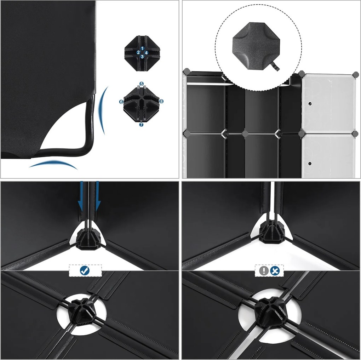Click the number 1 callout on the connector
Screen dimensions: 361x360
(x=143, y=48)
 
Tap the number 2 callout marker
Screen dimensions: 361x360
(x=138, y=52)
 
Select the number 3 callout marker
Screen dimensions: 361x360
(x=143, y=56)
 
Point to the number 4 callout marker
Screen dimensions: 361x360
(x=147, y=52)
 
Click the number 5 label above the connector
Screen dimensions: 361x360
(x=142, y=84)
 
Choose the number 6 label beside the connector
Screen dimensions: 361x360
(x=121, y=102)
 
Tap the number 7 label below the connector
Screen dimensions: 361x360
(x=141, y=124)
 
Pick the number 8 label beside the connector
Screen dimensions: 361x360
(x=161, y=101)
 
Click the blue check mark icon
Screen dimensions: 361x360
(x=85, y=271)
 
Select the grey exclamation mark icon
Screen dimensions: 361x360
(x=264, y=271)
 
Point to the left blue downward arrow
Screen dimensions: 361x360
(x=80, y=196)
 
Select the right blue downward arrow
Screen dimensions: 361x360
(x=98, y=196)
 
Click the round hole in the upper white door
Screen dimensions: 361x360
(x=310, y=104)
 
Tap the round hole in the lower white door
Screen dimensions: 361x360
(x=310, y=164)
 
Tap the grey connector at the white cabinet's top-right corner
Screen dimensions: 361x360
(x=356, y=74)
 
